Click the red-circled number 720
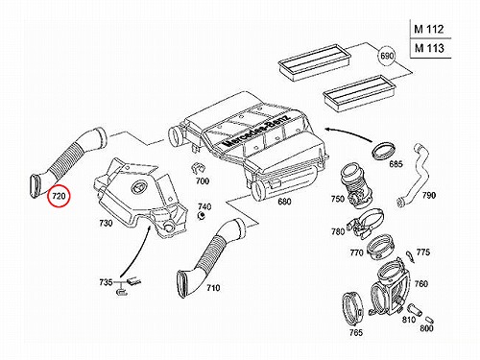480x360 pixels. (59, 196)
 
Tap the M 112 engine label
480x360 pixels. (429, 29)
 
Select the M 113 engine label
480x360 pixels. (429, 48)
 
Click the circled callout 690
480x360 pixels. (387, 56)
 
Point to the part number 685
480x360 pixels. (396, 164)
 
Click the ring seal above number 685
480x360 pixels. (384, 151)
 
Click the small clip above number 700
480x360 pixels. (199, 169)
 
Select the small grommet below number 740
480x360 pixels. (201, 216)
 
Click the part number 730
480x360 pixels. (106, 223)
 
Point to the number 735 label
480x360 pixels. (106, 282)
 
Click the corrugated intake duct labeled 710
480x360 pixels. (208, 256)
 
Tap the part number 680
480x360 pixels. (284, 202)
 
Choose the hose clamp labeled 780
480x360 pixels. (366, 224)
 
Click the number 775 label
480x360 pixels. (423, 252)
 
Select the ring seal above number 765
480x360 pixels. (353, 308)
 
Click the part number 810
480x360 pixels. (409, 320)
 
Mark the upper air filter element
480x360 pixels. (315, 60)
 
